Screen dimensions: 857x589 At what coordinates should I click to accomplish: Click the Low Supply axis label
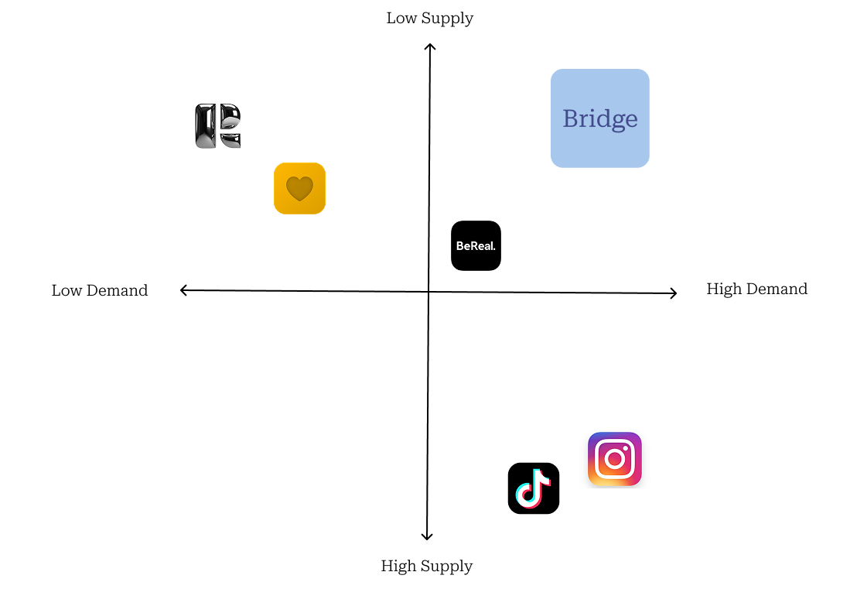pyautogui.click(x=429, y=19)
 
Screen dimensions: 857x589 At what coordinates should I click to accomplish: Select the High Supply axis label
pyautogui.click(x=426, y=567)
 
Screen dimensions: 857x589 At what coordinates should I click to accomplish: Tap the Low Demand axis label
pyautogui.click(x=100, y=291)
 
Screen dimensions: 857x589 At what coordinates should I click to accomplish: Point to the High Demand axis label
pyautogui.click(x=756, y=289)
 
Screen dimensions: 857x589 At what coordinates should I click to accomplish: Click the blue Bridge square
pyautogui.click(x=599, y=118)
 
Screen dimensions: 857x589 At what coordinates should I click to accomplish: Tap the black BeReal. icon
pyautogui.click(x=476, y=246)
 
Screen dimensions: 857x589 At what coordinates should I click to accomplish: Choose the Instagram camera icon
pyautogui.click(x=615, y=459)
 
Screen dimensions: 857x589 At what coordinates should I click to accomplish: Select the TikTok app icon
pyautogui.click(x=534, y=488)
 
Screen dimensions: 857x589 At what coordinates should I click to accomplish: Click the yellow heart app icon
pyautogui.click(x=299, y=188)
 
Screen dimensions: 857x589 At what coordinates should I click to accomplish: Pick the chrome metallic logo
pyautogui.click(x=218, y=126)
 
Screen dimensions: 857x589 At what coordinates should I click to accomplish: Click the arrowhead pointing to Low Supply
pyautogui.click(x=430, y=46)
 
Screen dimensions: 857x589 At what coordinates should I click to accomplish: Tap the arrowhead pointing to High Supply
pyautogui.click(x=426, y=536)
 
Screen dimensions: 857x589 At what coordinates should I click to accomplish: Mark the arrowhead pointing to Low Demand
pyautogui.click(x=183, y=290)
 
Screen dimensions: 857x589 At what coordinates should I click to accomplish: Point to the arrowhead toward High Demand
pyautogui.click(x=674, y=293)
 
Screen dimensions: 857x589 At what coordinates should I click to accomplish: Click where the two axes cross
pyautogui.click(x=428, y=292)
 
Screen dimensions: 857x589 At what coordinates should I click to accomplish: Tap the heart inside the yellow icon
pyautogui.click(x=299, y=189)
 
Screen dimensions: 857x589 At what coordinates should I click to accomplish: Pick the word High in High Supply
pyautogui.click(x=398, y=567)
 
